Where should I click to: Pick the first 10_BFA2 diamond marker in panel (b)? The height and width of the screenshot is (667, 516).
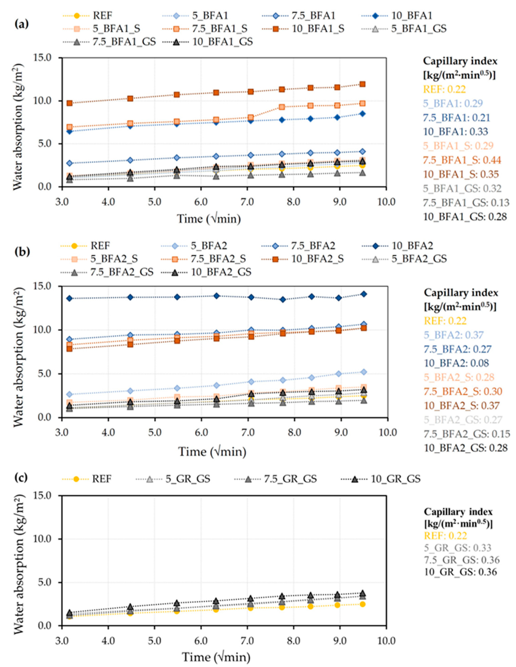click(70, 298)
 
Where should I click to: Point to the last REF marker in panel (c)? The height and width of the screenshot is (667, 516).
click(362, 604)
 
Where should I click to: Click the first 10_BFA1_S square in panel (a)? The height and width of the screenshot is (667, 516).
click(70, 103)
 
